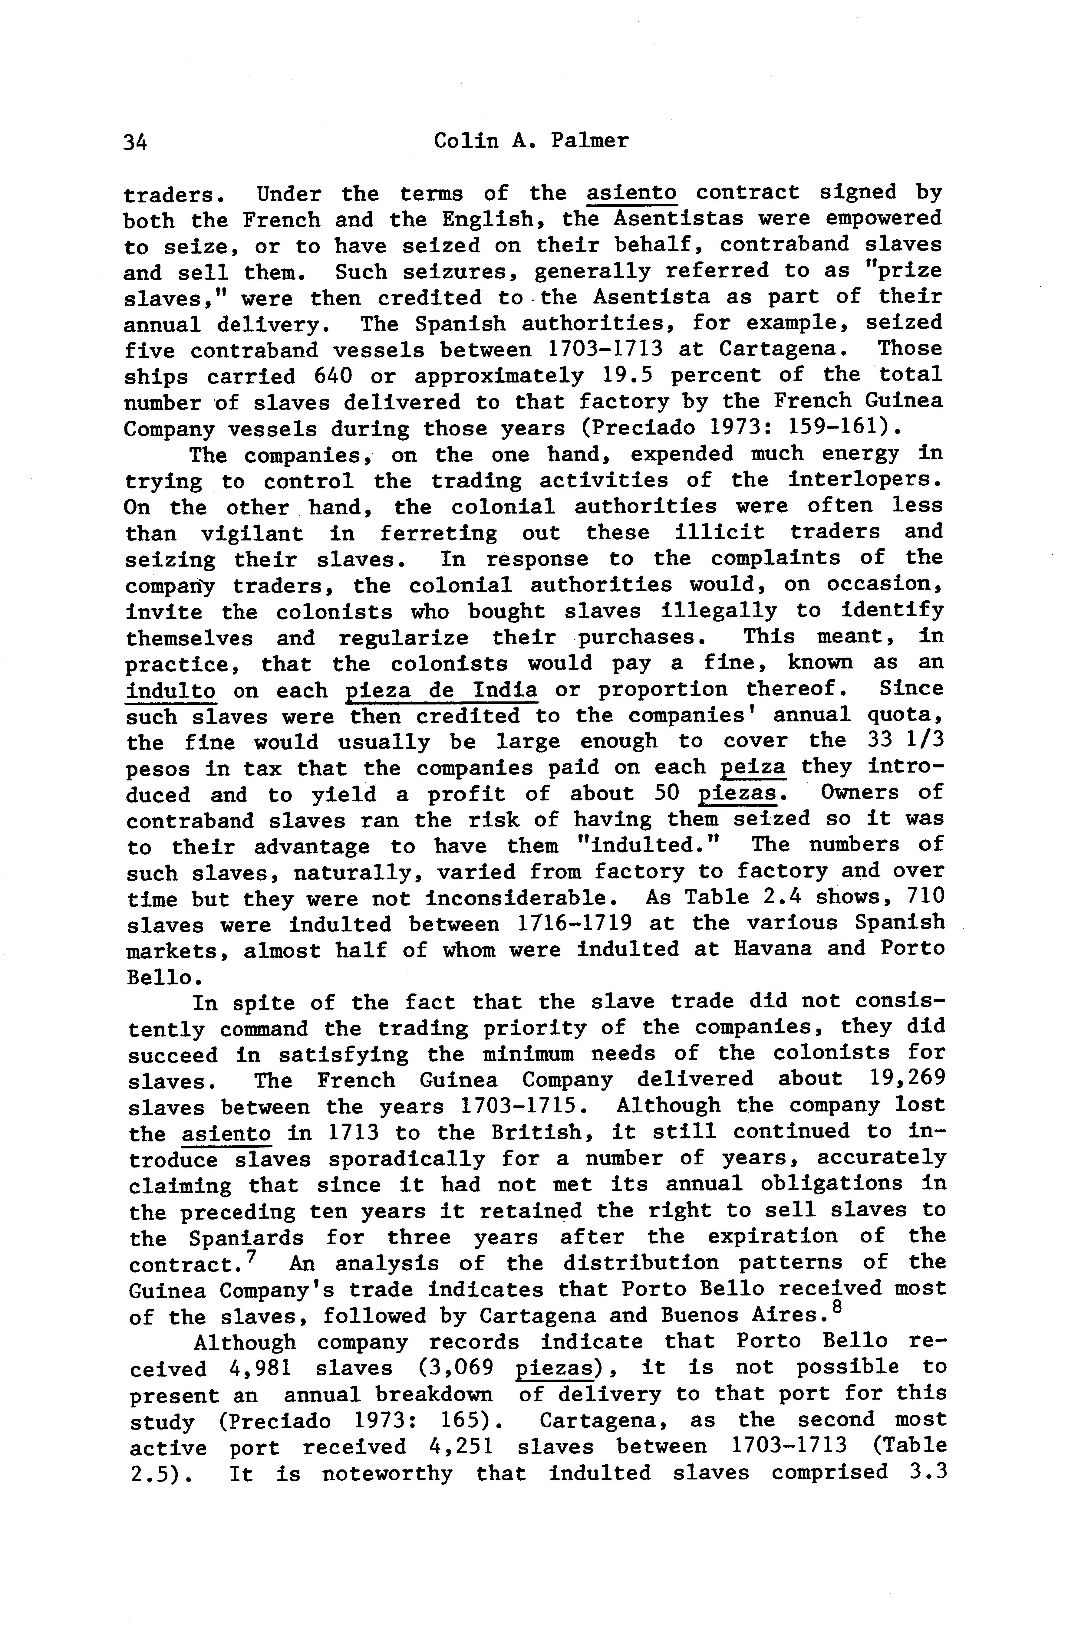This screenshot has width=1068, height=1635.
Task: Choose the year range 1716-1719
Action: pyautogui.click(x=574, y=924)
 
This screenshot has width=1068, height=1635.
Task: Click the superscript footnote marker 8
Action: pyautogui.click(x=836, y=1308)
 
